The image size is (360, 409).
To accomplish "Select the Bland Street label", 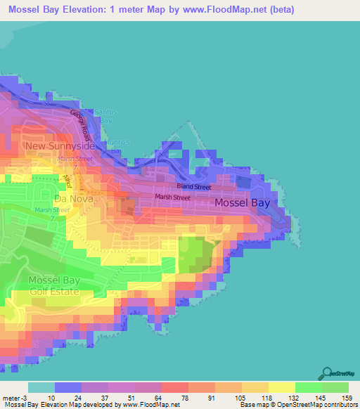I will pos(193,187).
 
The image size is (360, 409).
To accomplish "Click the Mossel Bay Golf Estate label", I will pos(53,286).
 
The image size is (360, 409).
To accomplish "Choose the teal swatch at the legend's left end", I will pos(41,387).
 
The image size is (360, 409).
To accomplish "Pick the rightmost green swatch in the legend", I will pos(335,387).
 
